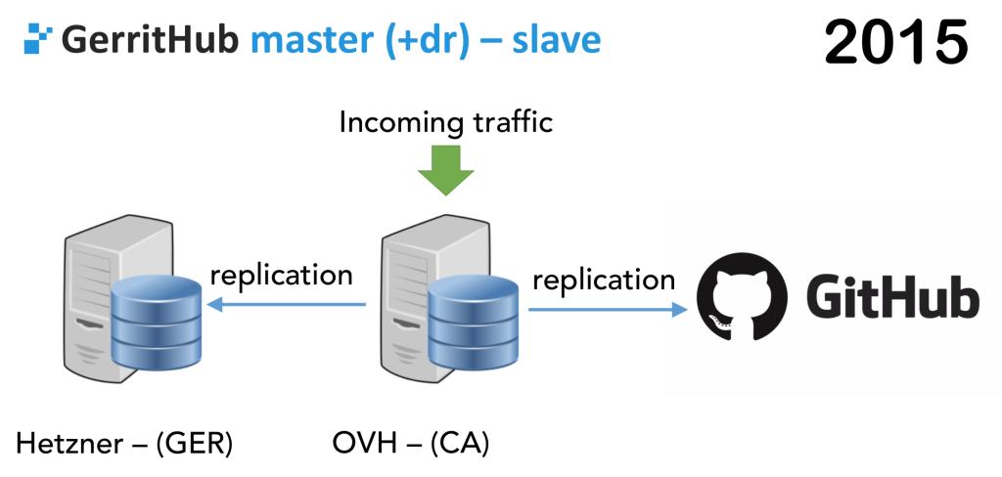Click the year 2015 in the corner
pos(895,45)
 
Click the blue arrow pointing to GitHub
pos(608,310)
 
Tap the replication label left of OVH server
pos(282,275)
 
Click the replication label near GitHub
pos(604,281)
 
